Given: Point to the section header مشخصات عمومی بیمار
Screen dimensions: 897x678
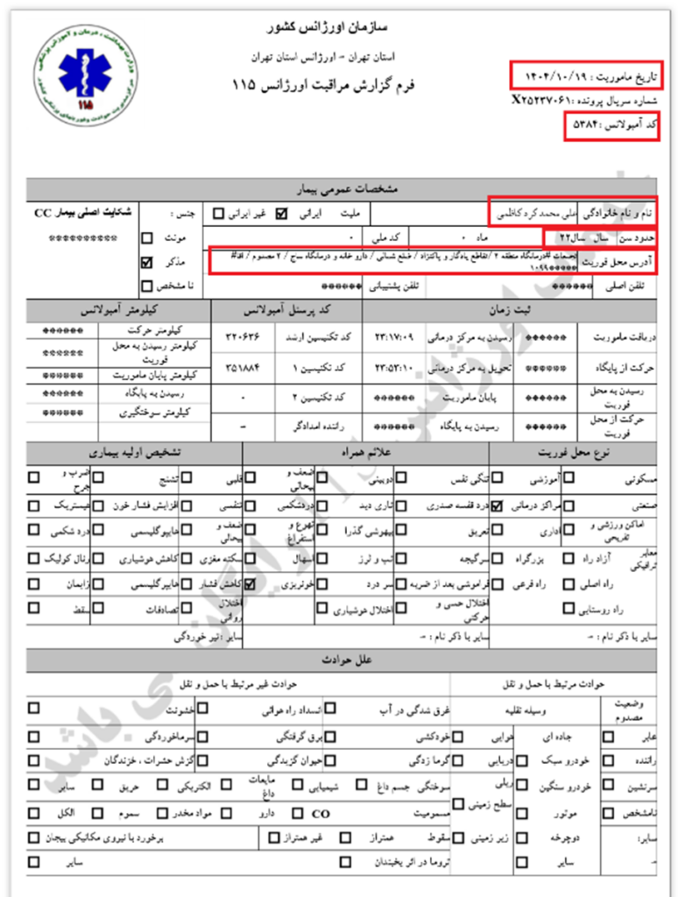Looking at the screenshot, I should (350, 188).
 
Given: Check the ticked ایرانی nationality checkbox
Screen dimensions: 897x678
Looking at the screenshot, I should (281, 213).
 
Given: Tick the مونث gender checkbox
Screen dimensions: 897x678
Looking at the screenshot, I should (147, 237).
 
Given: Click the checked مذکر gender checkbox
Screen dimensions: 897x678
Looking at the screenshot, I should (147, 262).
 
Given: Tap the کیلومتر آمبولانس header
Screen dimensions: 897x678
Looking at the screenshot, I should (118, 310).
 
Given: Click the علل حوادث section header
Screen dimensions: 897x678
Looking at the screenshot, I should (350, 659).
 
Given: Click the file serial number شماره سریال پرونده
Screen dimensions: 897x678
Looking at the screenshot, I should (586, 100).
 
